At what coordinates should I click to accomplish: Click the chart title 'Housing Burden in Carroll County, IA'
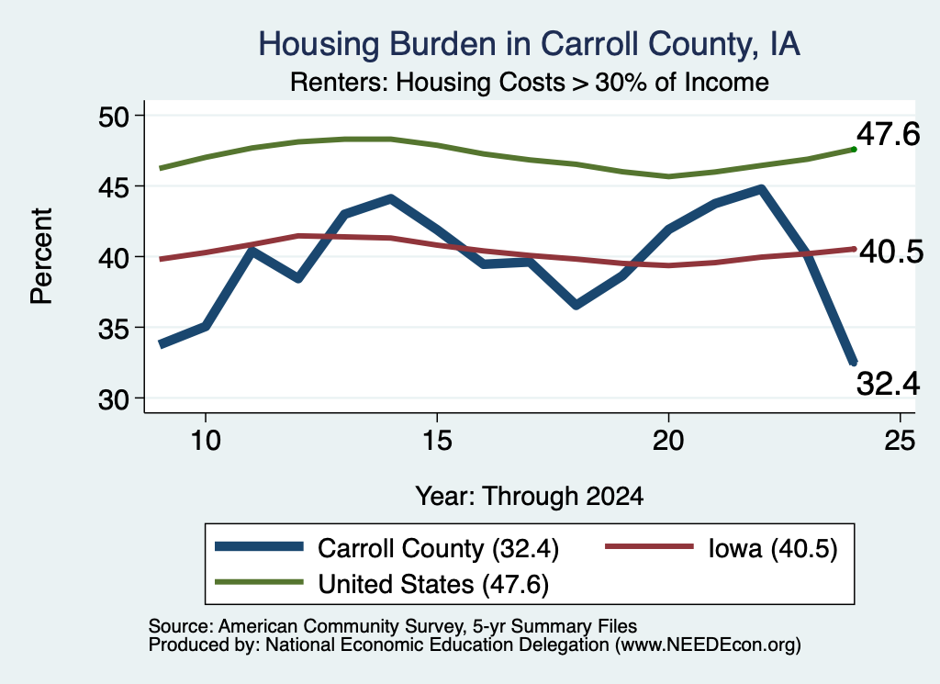(x=529, y=44)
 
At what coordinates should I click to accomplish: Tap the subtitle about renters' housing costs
(x=530, y=82)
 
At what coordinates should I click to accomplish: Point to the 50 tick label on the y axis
(x=114, y=117)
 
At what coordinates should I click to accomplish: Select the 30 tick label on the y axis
(x=114, y=399)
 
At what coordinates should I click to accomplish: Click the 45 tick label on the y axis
(x=114, y=187)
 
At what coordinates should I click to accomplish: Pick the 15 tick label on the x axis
(x=437, y=442)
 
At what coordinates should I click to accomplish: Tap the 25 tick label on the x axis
(x=900, y=442)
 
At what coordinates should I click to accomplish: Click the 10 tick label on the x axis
(x=206, y=442)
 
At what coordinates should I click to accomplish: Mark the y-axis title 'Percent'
(x=41, y=256)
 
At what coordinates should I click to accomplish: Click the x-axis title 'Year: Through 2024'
(x=530, y=497)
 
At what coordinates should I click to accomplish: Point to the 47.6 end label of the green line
(x=888, y=134)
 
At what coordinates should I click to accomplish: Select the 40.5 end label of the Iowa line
(x=891, y=252)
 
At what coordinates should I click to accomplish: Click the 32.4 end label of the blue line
(x=888, y=384)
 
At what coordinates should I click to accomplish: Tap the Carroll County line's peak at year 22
(x=761, y=189)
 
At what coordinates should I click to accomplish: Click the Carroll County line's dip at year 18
(x=576, y=305)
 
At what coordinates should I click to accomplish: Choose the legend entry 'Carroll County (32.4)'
(x=386, y=548)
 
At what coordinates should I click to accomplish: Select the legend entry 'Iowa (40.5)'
(x=722, y=548)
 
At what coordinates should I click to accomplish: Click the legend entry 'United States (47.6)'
(x=382, y=584)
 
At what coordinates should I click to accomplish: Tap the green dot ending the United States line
(x=854, y=150)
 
